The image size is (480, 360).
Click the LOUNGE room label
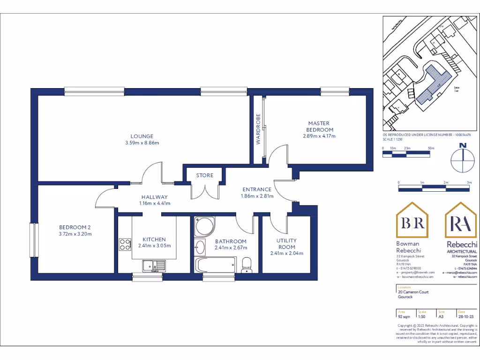click(142, 136)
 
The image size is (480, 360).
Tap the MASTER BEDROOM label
click(320, 127)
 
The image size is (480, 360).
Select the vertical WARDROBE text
click(258, 128)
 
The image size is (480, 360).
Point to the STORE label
click(204, 175)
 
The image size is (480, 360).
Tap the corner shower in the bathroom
click(203, 226)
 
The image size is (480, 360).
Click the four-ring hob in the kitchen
click(125, 244)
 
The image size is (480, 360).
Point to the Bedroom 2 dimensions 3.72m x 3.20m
click(75, 234)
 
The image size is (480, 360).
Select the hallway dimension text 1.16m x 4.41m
click(154, 203)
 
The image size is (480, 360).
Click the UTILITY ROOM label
click(286, 244)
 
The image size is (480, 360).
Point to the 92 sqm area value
click(402, 316)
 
